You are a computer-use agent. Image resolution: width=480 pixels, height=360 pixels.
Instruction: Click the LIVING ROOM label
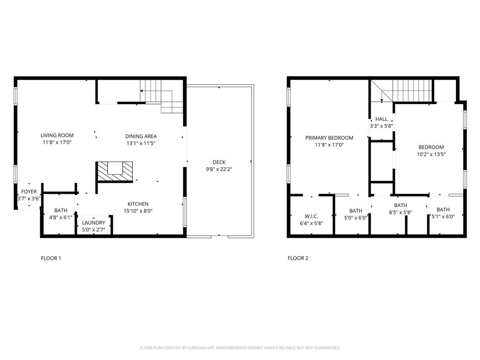click(57, 135)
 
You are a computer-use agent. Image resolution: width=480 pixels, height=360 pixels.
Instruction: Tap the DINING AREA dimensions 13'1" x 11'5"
click(141, 143)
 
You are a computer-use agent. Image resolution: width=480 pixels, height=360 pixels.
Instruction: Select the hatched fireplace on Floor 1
click(115, 171)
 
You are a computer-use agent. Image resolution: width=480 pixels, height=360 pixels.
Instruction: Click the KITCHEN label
click(138, 204)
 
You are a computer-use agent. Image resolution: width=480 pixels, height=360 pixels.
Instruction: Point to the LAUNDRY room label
click(93, 223)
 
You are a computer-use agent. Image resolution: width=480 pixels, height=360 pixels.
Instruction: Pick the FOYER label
click(29, 192)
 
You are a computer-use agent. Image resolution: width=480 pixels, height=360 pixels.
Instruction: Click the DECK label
click(218, 162)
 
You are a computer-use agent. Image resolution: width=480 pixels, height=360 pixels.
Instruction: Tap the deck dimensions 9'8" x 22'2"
click(218, 169)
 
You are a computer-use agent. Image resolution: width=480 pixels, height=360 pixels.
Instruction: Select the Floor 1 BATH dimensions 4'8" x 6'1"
click(60, 217)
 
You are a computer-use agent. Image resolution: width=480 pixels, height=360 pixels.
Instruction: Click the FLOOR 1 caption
click(51, 258)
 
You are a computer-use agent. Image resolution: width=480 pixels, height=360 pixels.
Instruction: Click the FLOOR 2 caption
click(298, 258)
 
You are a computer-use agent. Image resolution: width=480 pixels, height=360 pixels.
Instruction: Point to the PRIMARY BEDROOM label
click(329, 138)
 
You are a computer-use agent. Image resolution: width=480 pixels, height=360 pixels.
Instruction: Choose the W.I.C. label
click(311, 216)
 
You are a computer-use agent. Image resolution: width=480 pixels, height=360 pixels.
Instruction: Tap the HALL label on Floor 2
click(381, 119)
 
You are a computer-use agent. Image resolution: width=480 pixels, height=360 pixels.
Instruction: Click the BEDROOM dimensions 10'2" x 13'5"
click(431, 154)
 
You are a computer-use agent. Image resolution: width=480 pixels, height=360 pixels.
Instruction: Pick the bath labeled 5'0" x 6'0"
click(355, 214)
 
